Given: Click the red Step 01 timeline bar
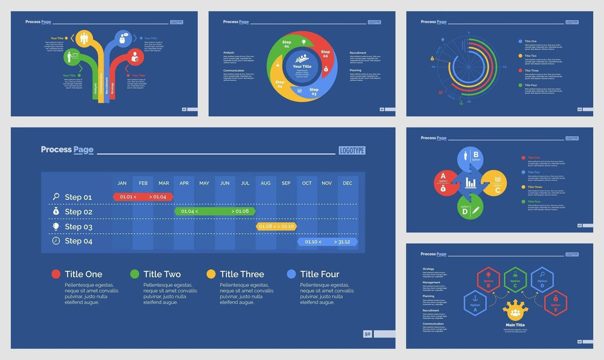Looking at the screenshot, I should [143, 197].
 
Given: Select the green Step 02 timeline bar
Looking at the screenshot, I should [215, 211].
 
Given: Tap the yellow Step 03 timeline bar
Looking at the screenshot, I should [276, 226].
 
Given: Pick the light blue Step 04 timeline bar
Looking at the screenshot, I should [327, 242].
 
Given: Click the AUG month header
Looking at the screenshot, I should [266, 183].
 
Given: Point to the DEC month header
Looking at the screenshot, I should [347, 183].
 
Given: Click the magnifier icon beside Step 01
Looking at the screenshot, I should [56, 197].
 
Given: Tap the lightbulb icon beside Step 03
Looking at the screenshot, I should [56, 226].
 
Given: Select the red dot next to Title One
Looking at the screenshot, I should [56, 274].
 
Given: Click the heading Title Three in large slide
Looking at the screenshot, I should [242, 274].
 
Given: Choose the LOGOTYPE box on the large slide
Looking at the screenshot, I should [352, 151].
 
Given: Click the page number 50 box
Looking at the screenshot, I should [367, 334].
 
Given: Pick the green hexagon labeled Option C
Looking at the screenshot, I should [515, 279].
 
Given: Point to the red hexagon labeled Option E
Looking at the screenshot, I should [555, 303].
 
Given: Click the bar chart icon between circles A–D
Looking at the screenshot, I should [471, 183].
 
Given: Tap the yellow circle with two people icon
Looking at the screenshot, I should [85, 39].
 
